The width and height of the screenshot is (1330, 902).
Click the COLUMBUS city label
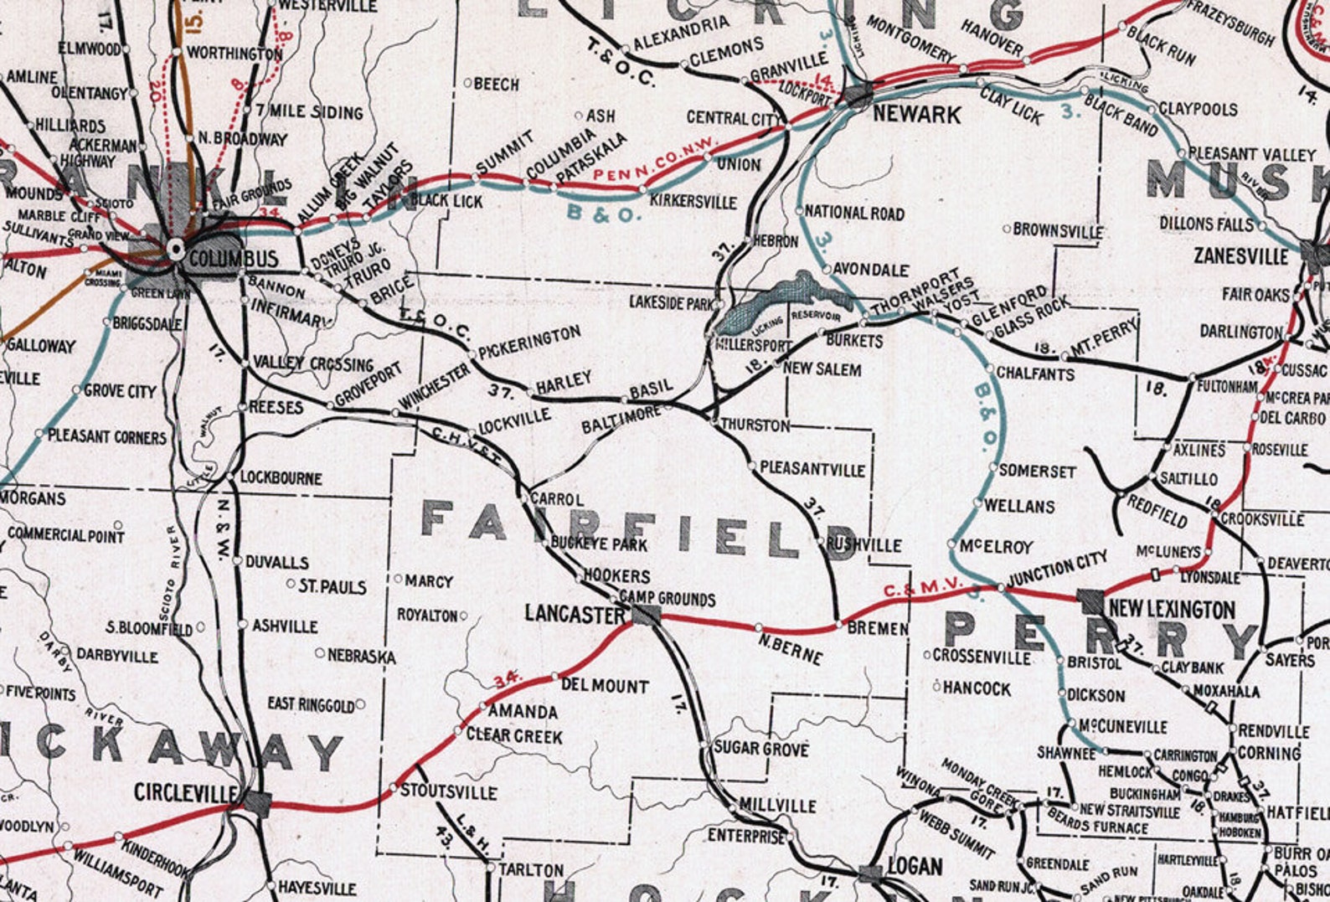233,258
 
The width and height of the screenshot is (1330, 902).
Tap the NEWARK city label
916,114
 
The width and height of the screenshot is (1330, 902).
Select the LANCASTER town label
574,614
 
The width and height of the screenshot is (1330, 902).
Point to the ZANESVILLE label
1241,256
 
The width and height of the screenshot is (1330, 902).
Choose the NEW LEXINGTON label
1171,609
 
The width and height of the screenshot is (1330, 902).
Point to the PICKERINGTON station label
529,343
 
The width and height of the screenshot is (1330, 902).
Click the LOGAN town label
915,866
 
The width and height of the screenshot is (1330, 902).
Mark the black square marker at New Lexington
1090,600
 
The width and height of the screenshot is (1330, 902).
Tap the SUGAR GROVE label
761,749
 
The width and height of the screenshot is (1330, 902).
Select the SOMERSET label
1037,472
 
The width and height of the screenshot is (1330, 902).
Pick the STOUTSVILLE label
448,791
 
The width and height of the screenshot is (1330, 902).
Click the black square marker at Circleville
258,804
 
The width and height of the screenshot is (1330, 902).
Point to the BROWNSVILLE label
1058,229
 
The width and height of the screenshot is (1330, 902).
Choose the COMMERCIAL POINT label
65,534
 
